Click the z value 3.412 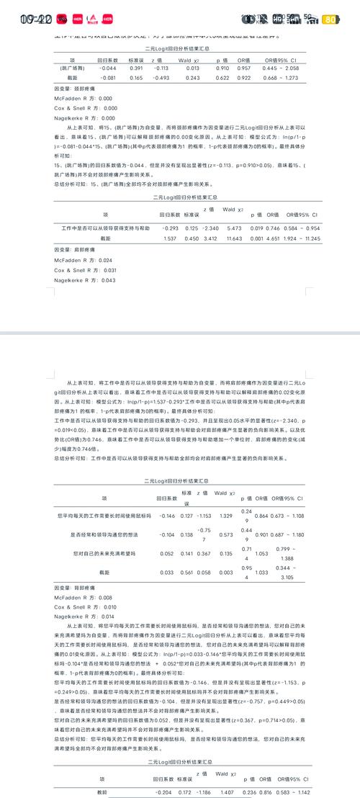pos(210,218)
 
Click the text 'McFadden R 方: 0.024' pos(84,240)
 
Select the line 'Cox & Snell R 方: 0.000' pos(84,107)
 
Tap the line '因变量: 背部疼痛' pos(73,587)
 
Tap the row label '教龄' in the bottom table pos(102,791)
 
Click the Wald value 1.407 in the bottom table pos(225,791)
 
